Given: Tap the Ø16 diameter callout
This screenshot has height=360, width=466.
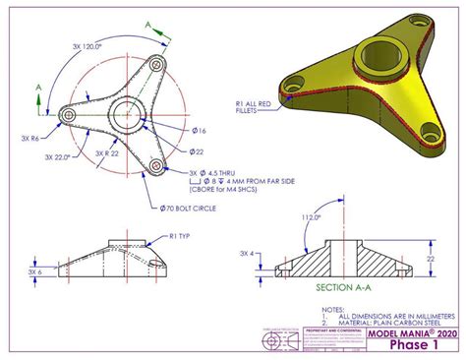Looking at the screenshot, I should (x=200, y=131).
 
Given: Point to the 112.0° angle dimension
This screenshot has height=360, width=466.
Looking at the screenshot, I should (x=313, y=217).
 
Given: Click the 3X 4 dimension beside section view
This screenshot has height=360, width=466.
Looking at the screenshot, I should (x=251, y=254).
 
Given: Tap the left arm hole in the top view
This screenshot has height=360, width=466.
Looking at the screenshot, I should (x=69, y=117).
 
